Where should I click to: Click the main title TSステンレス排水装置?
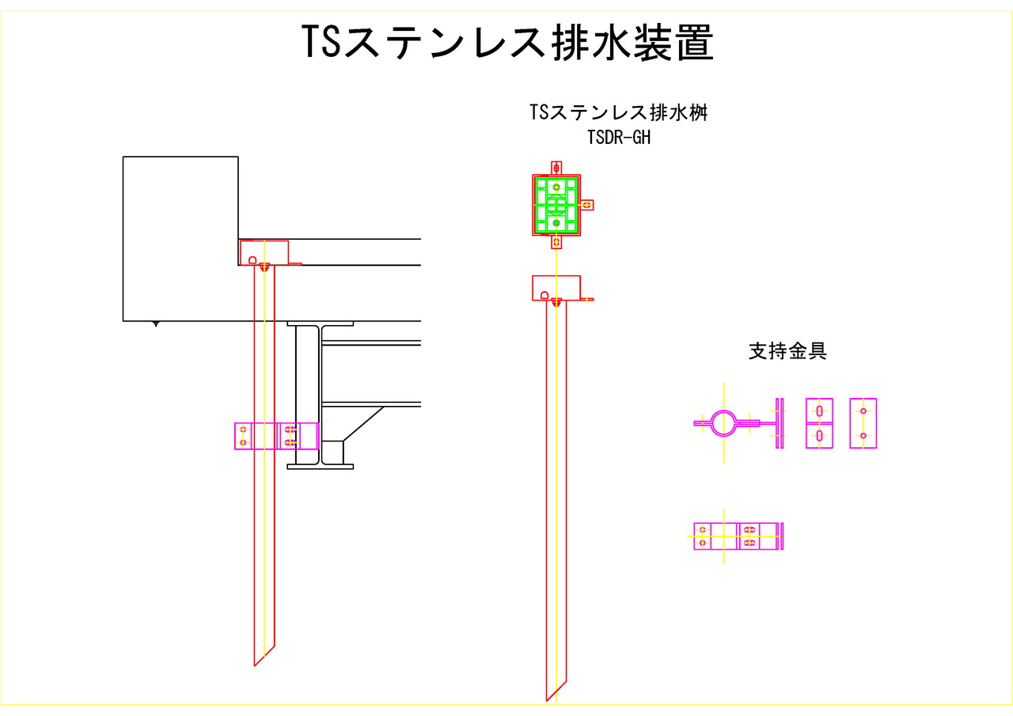[x=508, y=43]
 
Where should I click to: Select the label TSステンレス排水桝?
[x=617, y=112]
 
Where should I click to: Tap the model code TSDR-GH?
[x=618, y=138]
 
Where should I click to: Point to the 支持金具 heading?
[x=787, y=351]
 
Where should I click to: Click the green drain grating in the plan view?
[x=556, y=205]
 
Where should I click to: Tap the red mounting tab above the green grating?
[x=556, y=167]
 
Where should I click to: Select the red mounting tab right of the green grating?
[x=587, y=205]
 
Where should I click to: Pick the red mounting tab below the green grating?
[x=556, y=242]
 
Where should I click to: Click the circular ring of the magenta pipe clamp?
[x=723, y=423]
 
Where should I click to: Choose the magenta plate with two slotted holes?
[x=819, y=423]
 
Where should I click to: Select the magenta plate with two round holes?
[x=863, y=423]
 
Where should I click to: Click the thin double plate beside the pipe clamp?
[x=780, y=423]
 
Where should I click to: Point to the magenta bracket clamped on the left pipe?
[x=276, y=436]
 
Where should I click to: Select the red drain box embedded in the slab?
[x=264, y=252]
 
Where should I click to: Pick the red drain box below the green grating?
[x=556, y=286]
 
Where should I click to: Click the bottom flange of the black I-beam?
[x=320, y=467]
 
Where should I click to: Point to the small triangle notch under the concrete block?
[x=155, y=324]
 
